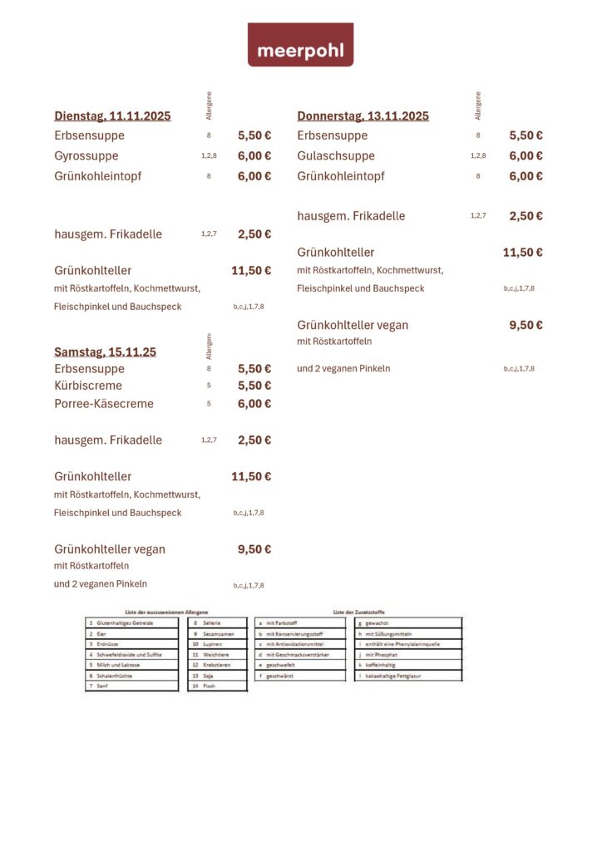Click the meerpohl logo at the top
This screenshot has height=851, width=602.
pyautogui.click(x=300, y=45)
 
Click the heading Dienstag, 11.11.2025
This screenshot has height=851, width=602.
pyautogui.click(x=112, y=116)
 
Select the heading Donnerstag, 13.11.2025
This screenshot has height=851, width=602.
pyautogui.click(x=363, y=116)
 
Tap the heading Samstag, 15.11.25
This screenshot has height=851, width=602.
pyautogui.click(x=105, y=352)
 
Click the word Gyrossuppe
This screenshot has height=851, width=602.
pyautogui.click(x=86, y=156)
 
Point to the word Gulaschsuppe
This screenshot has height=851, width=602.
pyautogui.click(x=336, y=156)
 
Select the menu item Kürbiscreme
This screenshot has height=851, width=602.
pyautogui.click(x=88, y=386)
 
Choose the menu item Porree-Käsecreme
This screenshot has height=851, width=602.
pyautogui.click(x=104, y=404)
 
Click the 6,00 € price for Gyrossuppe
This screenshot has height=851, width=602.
pyautogui.click(x=254, y=156)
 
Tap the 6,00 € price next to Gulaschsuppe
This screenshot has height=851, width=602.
pyautogui.click(x=526, y=156)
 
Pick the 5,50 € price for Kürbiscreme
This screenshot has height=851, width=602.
pyautogui.click(x=254, y=386)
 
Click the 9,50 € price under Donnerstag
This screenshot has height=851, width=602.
pyautogui.click(x=526, y=326)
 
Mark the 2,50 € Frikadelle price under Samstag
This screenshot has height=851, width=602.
pyautogui.click(x=254, y=440)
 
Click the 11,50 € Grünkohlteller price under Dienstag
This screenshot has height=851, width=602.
pyautogui.click(x=251, y=271)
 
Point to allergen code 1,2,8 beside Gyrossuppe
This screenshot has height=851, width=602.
pyautogui.click(x=209, y=156)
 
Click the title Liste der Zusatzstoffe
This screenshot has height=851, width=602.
pyautogui.click(x=358, y=612)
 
